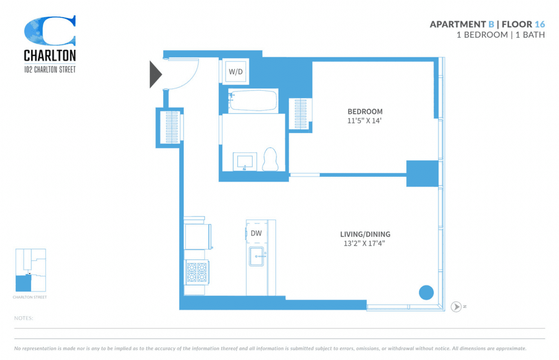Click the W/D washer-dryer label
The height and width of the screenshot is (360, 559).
coord(236,72)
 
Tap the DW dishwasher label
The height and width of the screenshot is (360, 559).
coord(256,233)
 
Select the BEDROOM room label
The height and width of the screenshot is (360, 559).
coord(365,111)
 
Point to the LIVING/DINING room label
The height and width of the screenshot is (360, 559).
coord(365,234)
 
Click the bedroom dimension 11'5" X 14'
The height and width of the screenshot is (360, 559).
coord(364,121)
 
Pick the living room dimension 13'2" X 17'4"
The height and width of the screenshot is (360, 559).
coord(364,243)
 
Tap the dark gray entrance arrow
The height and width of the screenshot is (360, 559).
coord(156,75)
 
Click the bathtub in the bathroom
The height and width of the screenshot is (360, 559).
coord(253,101)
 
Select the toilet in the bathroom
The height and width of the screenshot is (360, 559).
coord(270,159)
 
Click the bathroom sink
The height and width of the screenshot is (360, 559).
coord(245,162)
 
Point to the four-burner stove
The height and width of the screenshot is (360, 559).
coord(197,272)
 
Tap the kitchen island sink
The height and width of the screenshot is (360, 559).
coord(257,257)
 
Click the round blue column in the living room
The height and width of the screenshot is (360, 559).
coord(426,292)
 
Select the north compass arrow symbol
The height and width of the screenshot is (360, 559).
coord(456,306)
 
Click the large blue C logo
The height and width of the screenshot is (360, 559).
coord(50,30)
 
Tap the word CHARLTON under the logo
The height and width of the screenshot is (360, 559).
coord(50,55)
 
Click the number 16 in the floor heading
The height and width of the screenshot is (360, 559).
coord(540,24)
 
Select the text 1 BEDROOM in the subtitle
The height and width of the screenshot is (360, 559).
coord(482,35)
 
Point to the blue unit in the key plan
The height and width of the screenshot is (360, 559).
coord(23,283)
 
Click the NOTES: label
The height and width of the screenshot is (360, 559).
coord(24,318)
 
